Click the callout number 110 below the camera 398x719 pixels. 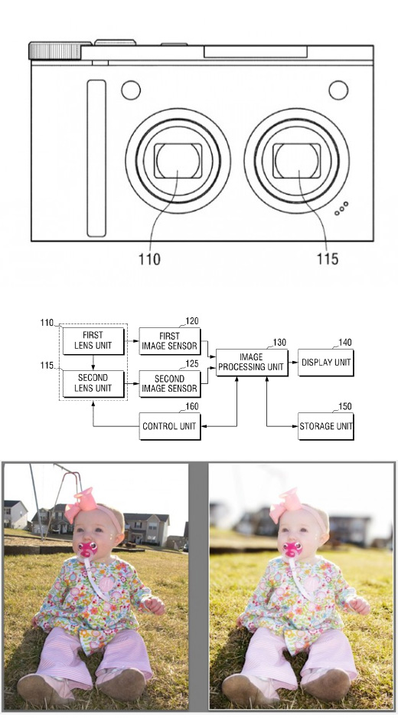pyautogui.click(x=150, y=260)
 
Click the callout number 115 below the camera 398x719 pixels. pyautogui.click(x=328, y=260)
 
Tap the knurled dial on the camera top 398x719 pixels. pyautogui.click(x=55, y=51)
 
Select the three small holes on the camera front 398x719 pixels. pyautogui.click(x=341, y=208)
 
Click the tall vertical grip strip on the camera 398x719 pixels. pyautogui.click(x=96, y=159)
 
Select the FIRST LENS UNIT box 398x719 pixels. pyautogui.click(x=93, y=340)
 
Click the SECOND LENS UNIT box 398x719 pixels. pyautogui.click(x=93, y=383)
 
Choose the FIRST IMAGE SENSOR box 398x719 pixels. pyautogui.click(x=170, y=341)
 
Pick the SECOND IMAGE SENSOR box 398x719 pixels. pyautogui.click(x=170, y=384)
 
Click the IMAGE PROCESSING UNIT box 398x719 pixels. pyautogui.click(x=252, y=363)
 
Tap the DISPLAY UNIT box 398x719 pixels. pyautogui.click(x=325, y=363)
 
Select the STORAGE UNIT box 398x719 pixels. pyautogui.click(x=325, y=426)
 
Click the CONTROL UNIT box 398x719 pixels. pyautogui.click(x=170, y=426)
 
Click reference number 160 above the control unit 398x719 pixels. pyautogui.click(x=192, y=406)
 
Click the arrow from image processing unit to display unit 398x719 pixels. pyautogui.click(x=293, y=363)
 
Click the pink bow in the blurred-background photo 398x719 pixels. pyautogui.click(x=286, y=505)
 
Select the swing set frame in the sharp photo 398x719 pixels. pyautogui.click(x=54, y=501)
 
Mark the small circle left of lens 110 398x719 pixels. pyautogui.click(x=131, y=90)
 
